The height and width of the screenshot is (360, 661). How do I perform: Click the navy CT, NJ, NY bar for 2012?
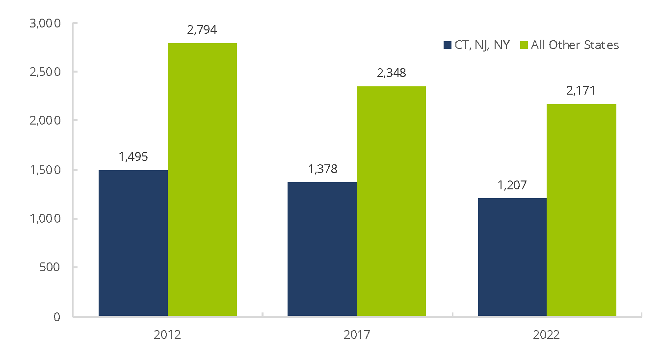click(133, 243)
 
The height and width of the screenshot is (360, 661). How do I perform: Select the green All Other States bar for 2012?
click(202, 180)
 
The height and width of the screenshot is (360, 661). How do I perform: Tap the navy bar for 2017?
click(322, 249)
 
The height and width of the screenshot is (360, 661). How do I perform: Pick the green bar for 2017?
click(391, 201)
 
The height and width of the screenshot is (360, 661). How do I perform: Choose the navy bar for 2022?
click(512, 257)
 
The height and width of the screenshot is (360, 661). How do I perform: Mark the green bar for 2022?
click(581, 210)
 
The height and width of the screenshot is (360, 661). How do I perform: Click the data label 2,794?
click(202, 29)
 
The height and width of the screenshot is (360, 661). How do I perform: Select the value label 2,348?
click(391, 73)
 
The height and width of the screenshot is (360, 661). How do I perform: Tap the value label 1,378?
click(322, 169)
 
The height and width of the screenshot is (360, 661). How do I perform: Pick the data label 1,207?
click(512, 185)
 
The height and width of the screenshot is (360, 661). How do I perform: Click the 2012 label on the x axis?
click(167, 335)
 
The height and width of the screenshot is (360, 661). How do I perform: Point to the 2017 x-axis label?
click(357, 335)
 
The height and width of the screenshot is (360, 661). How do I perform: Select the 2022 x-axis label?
click(546, 335)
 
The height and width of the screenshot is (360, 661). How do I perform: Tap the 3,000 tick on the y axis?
click(45, 24)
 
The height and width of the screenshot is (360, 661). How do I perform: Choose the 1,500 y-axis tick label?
click(45, 170)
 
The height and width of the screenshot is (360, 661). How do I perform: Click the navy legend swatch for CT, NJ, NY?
click(447, 45)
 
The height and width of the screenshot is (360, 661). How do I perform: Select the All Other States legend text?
click(575, 45)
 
